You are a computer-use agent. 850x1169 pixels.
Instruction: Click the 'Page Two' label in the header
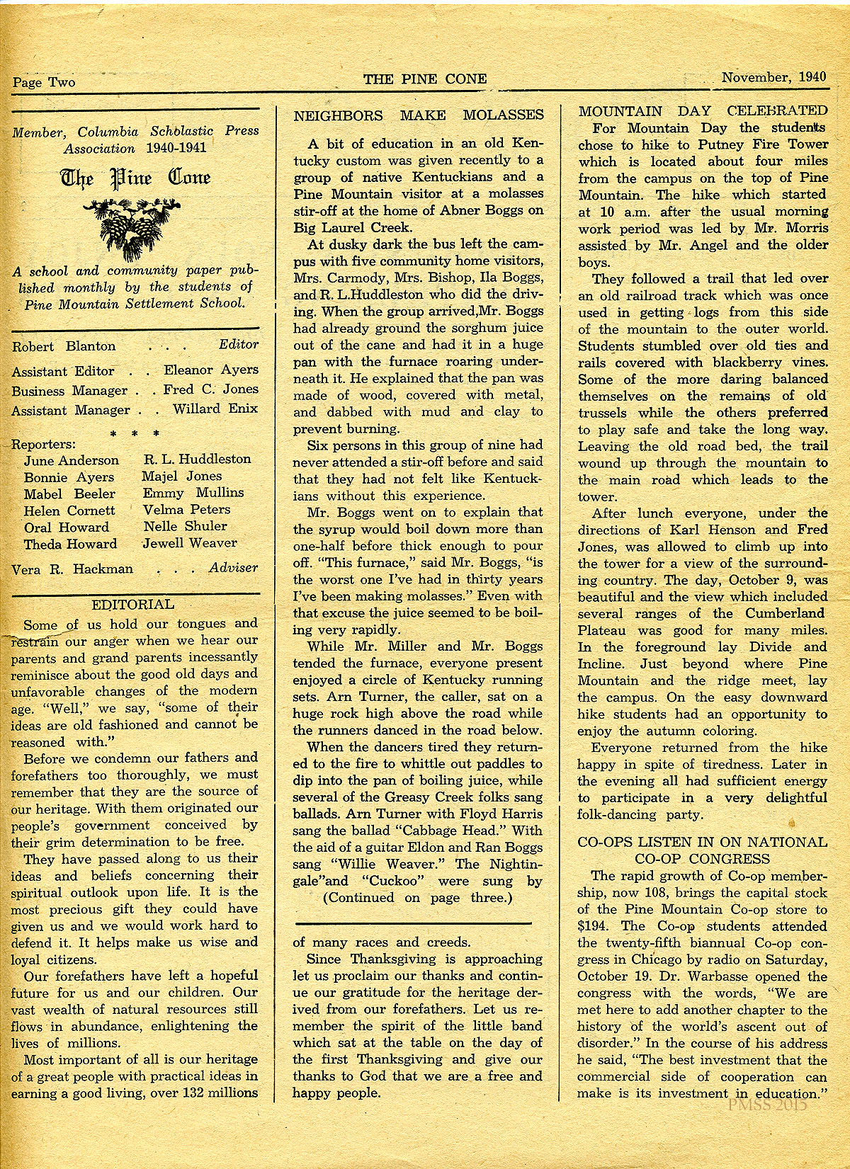43,82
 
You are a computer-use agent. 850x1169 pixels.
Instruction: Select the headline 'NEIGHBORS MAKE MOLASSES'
419,115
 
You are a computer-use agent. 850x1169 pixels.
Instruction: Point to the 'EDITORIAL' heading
133,605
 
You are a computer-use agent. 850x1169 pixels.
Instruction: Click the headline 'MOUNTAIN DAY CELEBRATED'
703,110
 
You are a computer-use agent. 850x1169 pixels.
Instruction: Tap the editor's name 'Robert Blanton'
63,347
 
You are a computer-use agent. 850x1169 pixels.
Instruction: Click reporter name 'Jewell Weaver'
189,543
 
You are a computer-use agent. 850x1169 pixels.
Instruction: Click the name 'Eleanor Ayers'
211,370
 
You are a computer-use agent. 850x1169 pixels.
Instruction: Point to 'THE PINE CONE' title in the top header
425,79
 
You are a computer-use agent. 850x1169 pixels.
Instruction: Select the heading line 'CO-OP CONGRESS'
702,859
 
